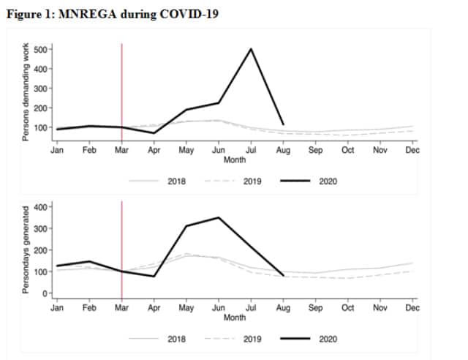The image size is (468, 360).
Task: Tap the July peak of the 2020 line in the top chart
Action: pos(251,49)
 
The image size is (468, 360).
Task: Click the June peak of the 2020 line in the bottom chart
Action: pos(219,217)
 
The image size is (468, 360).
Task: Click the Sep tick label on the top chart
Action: pos(315,150)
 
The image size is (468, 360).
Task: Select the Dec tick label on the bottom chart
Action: pos(412,308)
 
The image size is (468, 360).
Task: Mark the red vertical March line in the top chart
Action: pos(121,88)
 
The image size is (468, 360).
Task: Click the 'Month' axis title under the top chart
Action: pos(235,160)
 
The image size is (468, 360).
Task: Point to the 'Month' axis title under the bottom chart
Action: pos(235,318)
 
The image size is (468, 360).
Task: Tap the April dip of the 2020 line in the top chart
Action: pos(154,132)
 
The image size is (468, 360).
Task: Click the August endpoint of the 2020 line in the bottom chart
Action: pos(283,276)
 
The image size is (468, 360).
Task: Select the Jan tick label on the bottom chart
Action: pos(56,308)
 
